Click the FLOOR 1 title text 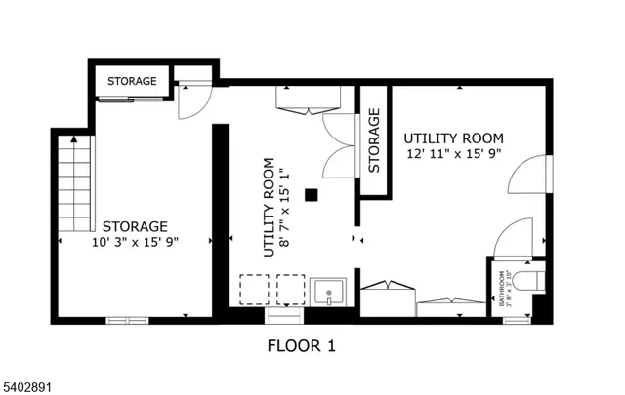point(302,345)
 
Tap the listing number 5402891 point(28,387)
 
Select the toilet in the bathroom point(528,283)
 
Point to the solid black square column point(312,195)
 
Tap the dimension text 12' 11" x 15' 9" point(453,153)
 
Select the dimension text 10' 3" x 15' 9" point(136,243)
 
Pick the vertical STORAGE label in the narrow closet point(374,142)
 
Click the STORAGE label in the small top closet point(132,81)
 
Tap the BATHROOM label point(504,289)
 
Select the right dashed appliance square point(290,290)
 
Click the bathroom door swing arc point(509,238)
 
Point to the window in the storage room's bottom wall point(128,319)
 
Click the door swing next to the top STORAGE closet point(192,99)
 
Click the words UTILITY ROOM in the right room point(452,137)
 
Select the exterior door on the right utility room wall point(533,179)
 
